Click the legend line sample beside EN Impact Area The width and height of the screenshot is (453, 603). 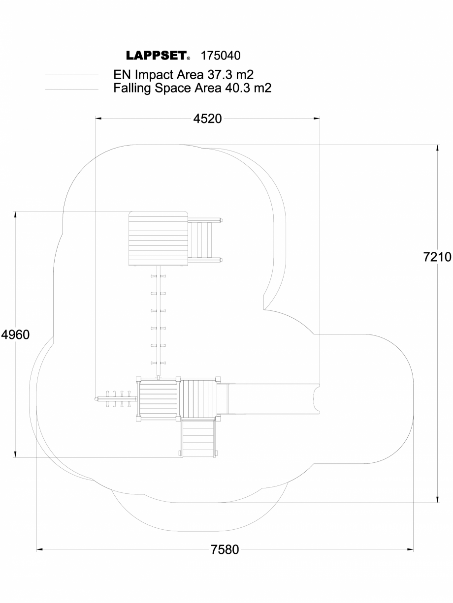72,75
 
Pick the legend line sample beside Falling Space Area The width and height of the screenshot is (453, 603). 72,89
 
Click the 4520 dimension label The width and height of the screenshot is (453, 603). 207,119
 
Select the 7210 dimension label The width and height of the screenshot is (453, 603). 437,257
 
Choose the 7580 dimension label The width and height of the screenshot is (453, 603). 225,549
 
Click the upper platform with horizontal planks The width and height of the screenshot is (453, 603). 159,239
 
